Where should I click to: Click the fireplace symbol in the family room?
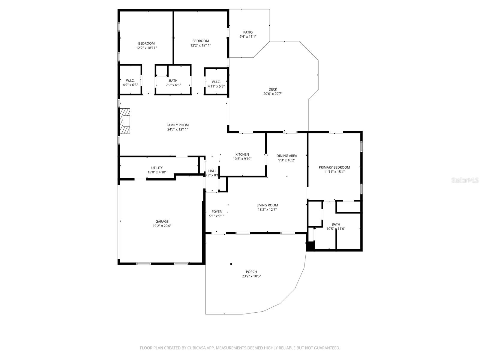tap(125, 121)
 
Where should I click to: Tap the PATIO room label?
tap(248, 32)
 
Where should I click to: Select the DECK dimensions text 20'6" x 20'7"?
tap(273, 94)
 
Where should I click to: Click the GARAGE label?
tap(162, 221)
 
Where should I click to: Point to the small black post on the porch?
tap(231, 264)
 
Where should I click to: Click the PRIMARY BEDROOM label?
tap(334, 167)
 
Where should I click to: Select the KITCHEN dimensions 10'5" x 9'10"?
tap(242, 159)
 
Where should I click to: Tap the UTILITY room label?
tap(157, 168)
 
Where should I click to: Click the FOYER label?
tap(217, 211)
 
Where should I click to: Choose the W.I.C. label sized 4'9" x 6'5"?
tap(130, 80)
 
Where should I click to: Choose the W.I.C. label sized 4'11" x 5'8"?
tap(216, 82)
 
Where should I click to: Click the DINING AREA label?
tap(286, 156)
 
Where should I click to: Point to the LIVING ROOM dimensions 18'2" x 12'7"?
tap(267, 210)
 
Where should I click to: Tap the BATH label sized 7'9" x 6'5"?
tap(173, 80)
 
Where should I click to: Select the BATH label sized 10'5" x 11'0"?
tap(336, 224)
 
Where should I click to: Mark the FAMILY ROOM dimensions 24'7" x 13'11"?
tap(178, 130)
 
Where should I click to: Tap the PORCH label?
tap(251, 272)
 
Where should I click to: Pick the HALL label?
tap(212, 171)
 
